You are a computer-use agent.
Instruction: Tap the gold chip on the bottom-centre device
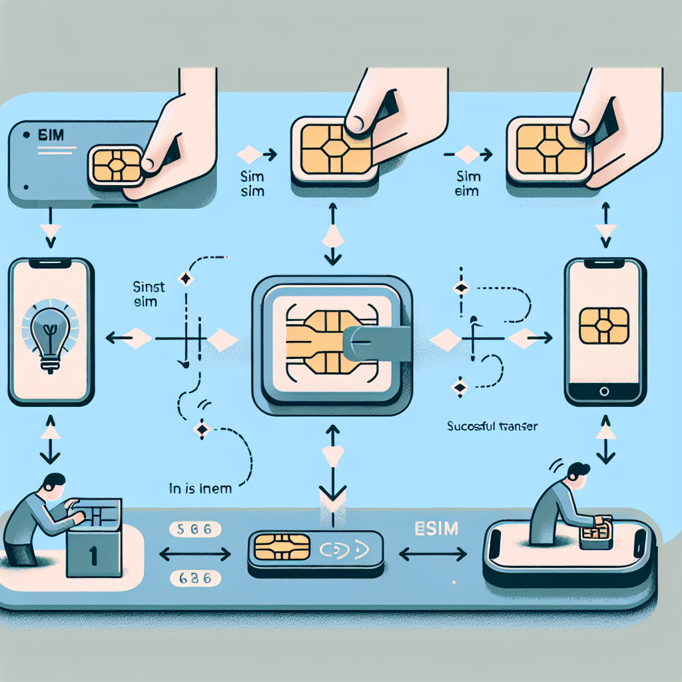click(274, 550)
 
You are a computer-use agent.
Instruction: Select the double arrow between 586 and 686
click(194, 553)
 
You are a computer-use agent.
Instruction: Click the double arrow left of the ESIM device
click(432, 553)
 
